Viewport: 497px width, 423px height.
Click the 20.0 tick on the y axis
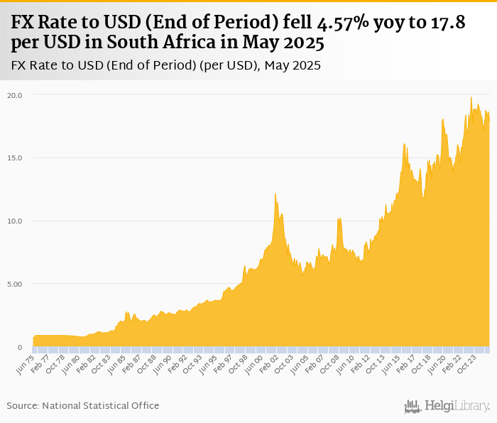click(15, 94)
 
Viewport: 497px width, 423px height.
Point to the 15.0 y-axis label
click(15, 158)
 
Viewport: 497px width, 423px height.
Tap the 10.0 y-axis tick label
click(15, 221)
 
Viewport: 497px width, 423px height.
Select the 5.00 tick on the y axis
click(15, 284)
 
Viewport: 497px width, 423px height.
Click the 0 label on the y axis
click(21, 347)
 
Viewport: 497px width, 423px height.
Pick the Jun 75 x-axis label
click(25, 363)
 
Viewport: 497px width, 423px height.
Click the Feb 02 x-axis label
click(267, 363)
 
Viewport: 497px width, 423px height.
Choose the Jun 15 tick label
click(388, 363)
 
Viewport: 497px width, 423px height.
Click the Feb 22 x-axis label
click(449, 363)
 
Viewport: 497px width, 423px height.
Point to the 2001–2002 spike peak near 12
click(275, 194)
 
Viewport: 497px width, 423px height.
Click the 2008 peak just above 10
click(339, 219)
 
